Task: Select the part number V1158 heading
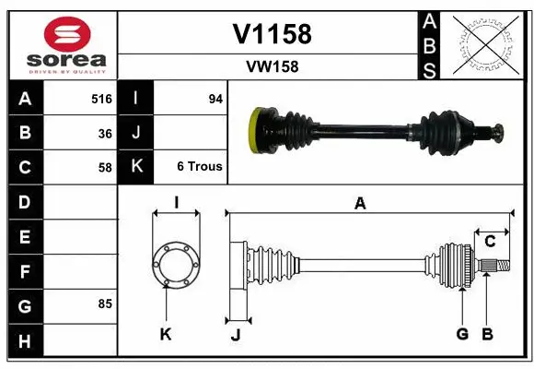(x=272, y=34)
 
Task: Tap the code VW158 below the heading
(x=272, y=66)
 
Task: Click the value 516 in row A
(x=101, y=99)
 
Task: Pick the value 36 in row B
(x=105, y=133)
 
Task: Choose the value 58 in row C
(x=105, y=167)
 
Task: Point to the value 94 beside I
(x=215, y=99)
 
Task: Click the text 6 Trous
(x=200, y=167)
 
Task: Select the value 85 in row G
(x=105, y=304)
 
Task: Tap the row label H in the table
(x=25, y=341)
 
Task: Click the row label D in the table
(x=25, y=201)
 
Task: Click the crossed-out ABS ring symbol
(x=486, y=43)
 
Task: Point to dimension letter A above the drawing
(x=361, y=205)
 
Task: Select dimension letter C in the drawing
(x=491, y=242)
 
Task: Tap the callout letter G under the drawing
(x=462, y=333)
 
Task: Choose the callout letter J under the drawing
(x=235, y=335)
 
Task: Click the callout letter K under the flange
(x=166, y=334)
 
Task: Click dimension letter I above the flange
(x=176, y=203)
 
